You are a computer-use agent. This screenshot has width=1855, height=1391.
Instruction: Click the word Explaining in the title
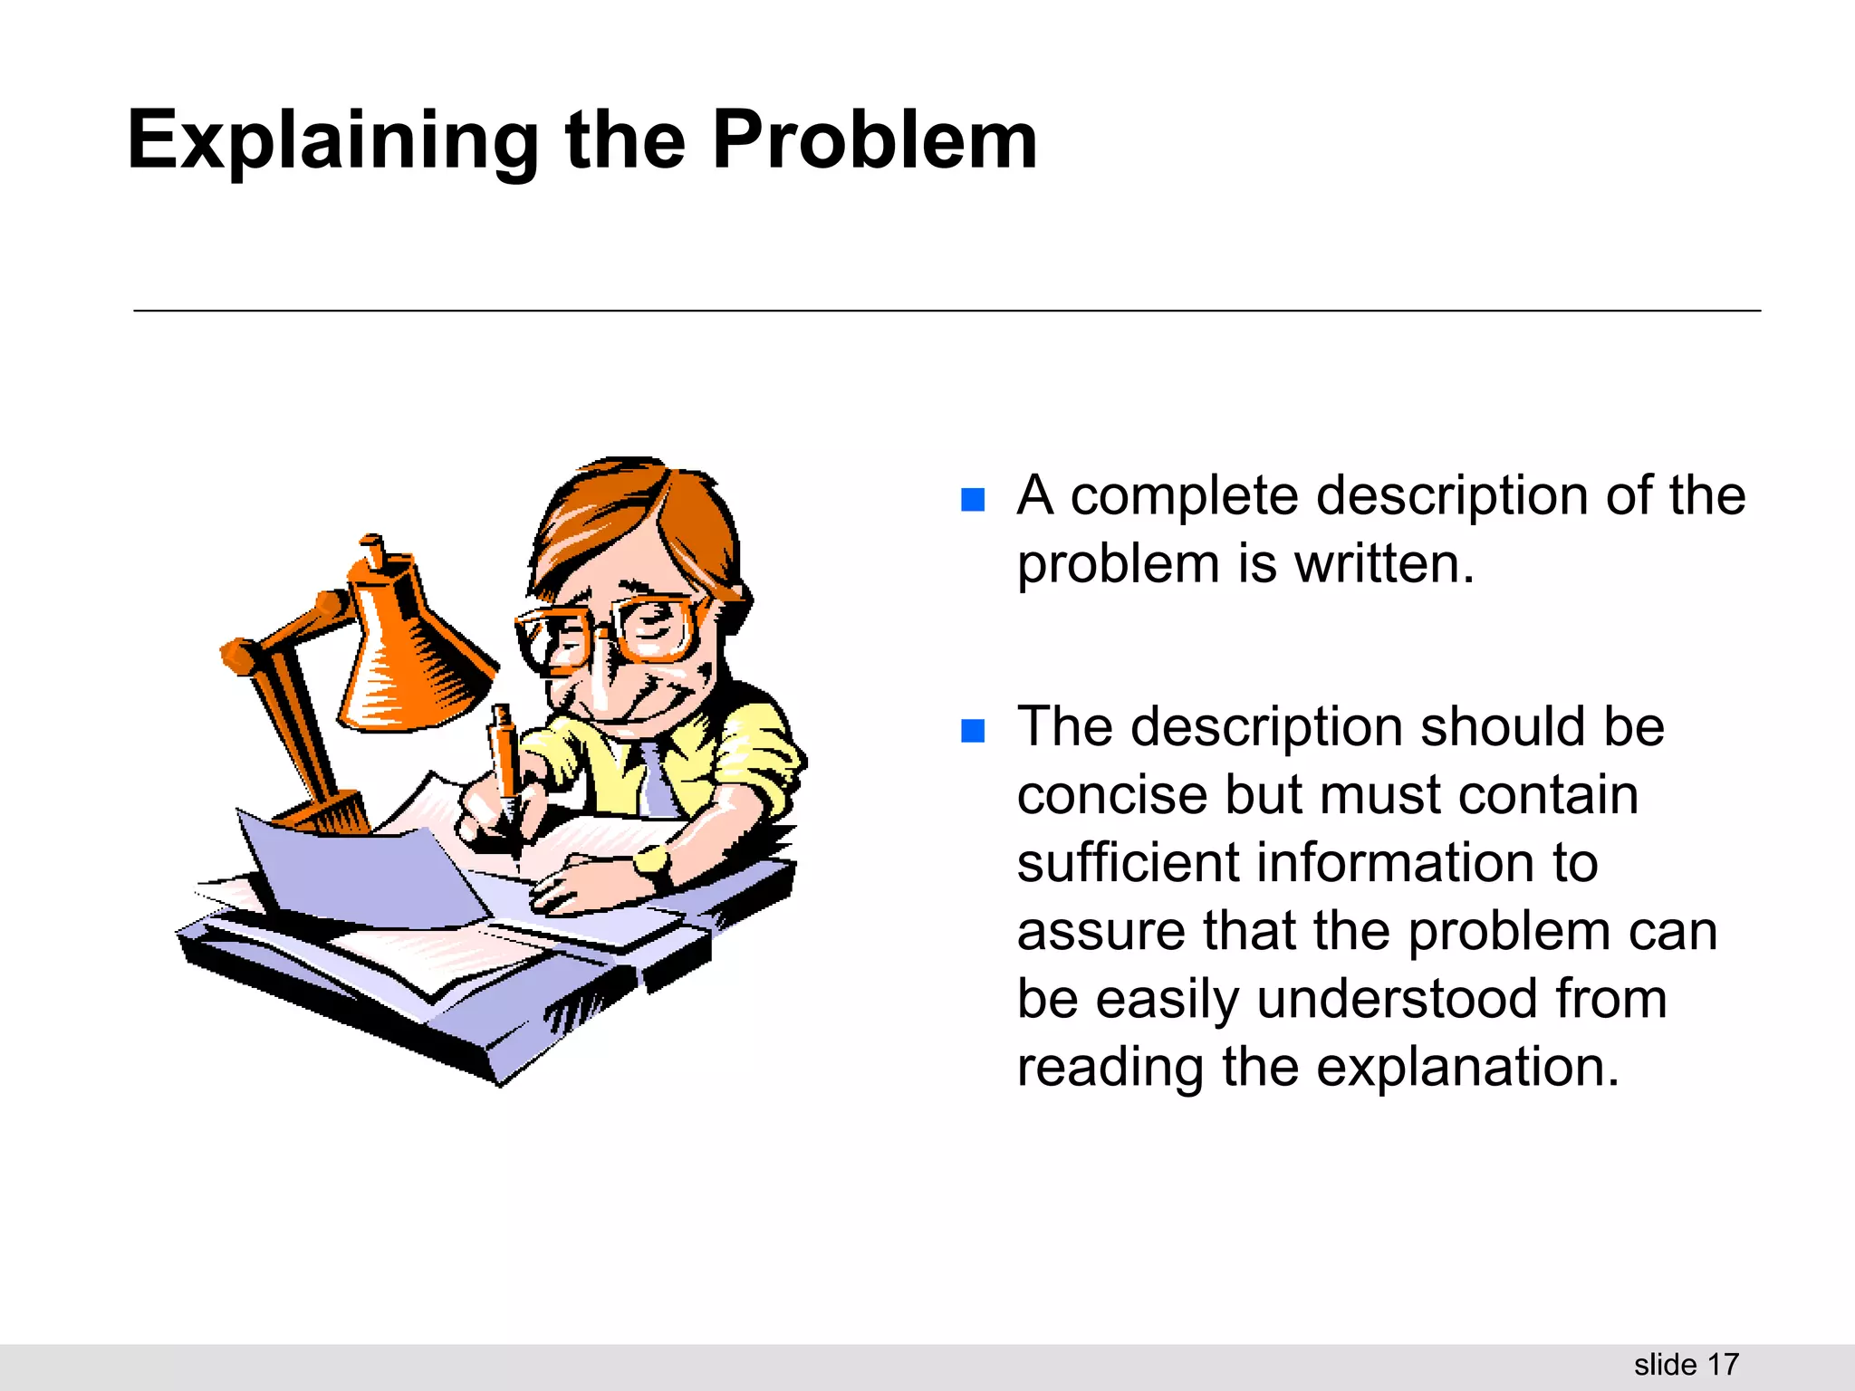(332, 141)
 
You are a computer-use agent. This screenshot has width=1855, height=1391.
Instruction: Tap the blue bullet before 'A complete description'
(972, 500)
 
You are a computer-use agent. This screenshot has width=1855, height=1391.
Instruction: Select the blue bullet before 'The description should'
(972, 731)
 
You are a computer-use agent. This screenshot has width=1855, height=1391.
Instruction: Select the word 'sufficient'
(1127, 862)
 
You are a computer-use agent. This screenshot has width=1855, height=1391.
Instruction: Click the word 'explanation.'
(1467, 1067)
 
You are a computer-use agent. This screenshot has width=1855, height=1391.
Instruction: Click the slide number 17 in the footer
(1723, 1364)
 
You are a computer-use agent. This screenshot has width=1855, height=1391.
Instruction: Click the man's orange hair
(634, 516)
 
